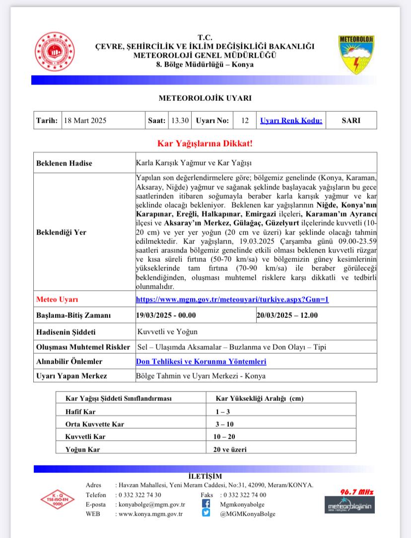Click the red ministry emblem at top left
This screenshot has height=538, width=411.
coord(53,52)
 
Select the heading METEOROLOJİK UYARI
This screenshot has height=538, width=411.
coord(205,98)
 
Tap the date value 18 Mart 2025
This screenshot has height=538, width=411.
coord(85,120)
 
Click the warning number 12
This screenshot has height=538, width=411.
coord(245,120)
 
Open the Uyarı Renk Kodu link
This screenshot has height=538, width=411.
coord(291,120)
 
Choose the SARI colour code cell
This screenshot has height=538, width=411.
coord(351,120)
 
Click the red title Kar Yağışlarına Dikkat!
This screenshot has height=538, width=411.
coord(205,144)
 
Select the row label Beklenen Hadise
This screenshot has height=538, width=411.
coord(65,163)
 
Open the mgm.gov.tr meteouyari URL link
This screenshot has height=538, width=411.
coord(232,300)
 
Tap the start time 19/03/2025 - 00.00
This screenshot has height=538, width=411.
coord(166,315)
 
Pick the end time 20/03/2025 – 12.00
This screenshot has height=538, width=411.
coord(288,315)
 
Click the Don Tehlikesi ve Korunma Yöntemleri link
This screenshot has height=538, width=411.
coord(201,362)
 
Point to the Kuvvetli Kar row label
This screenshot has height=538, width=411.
coord(85,437)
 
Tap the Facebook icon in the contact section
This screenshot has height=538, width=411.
coord(206,504)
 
